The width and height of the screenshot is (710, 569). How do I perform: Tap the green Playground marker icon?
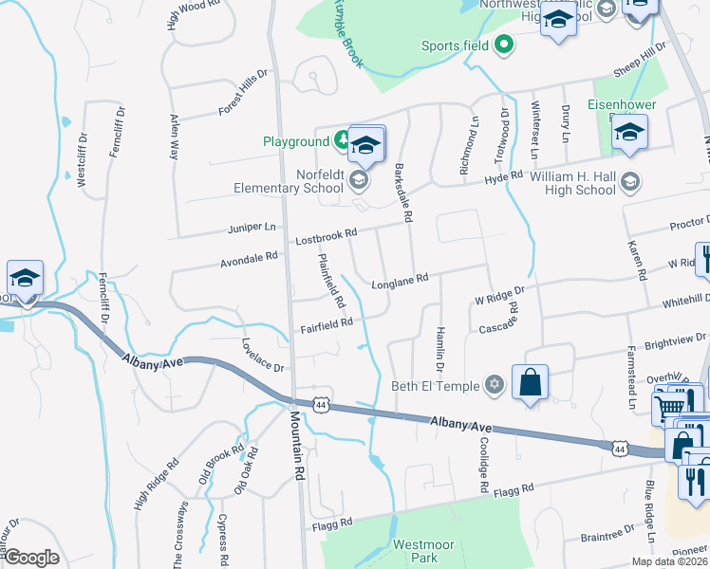tap(340, 142)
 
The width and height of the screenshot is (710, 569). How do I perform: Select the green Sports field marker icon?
tap(505, 45)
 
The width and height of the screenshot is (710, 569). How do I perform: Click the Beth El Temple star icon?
tap(494, 385)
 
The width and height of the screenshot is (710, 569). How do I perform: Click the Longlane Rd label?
tap(401, 279)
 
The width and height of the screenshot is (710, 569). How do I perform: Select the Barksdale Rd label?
tap(402, 195)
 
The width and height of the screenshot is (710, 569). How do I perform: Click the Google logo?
tap(31, 558)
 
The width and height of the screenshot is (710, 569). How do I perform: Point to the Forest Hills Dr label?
tap(243, 92)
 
